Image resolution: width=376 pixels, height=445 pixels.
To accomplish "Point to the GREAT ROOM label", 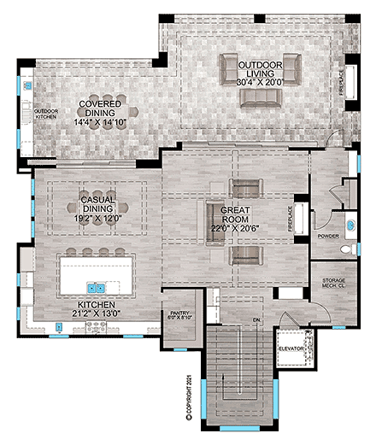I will (234, 209).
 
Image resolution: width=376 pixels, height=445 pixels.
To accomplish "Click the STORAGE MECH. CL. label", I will (332, 284).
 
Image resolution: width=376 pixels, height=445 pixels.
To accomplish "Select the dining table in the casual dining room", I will (97, 205).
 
